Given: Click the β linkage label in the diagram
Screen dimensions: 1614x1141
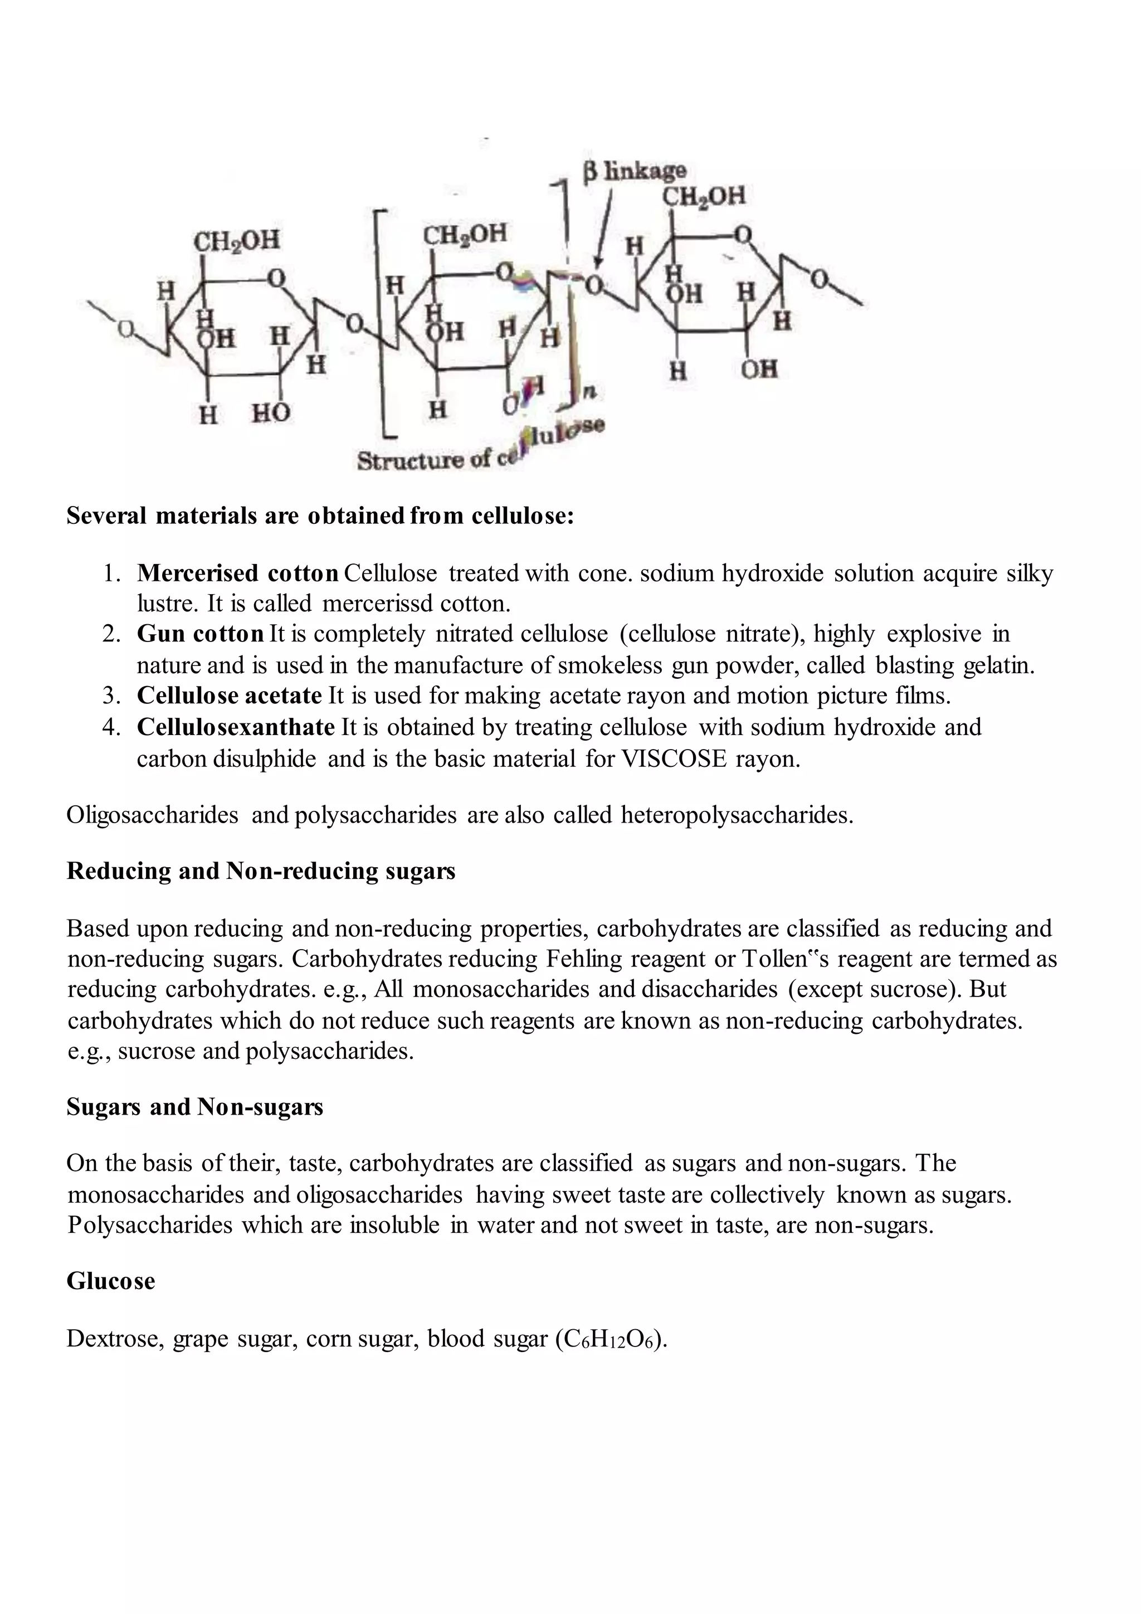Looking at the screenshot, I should click(x=635, y=171).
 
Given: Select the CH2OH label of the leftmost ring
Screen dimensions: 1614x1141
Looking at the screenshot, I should click(x=236, y=241).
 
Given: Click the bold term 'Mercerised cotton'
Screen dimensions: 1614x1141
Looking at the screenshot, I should click(x=237, y=573).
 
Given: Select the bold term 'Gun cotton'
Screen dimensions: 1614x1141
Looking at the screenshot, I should click(x=200, y=634).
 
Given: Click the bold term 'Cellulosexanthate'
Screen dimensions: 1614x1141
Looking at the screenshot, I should click(x=235, y=727).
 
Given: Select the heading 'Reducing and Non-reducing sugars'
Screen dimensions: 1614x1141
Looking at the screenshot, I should click(x=261, y=871).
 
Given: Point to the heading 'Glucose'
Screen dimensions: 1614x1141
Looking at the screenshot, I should click(x=110, y=1281).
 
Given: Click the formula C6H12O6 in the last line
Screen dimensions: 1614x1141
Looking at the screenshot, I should click(x=608, y=1339).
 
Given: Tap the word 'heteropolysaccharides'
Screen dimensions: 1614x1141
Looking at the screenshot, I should click(x=737, y=815).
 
